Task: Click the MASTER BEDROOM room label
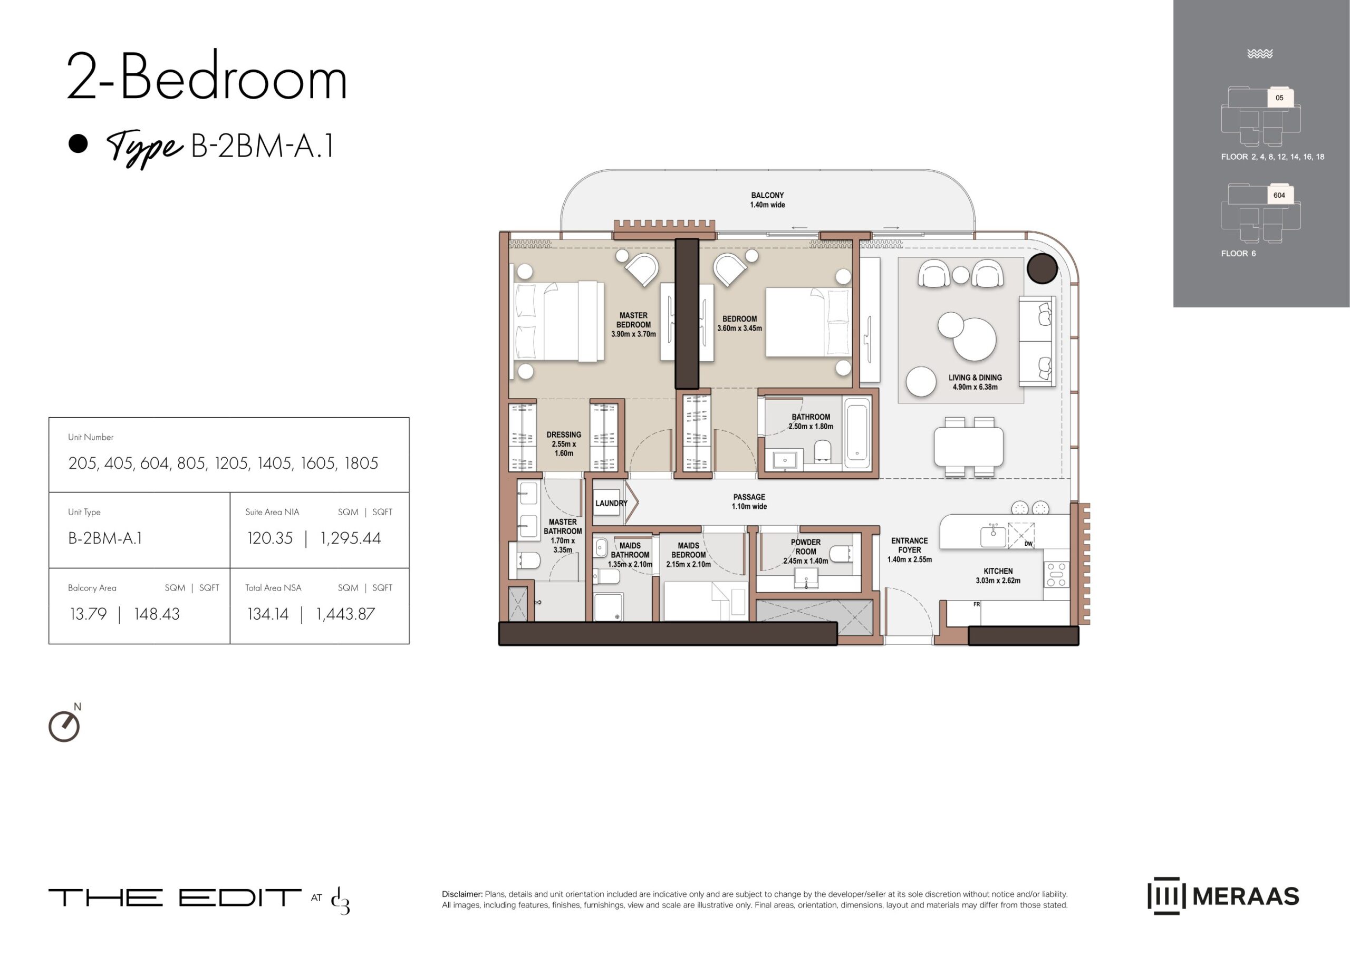coord(633,320)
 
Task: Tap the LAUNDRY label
coord(611,504)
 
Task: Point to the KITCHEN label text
coord(998,571)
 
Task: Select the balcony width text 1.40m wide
coord(767,205)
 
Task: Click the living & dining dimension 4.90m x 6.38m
coord(975,387)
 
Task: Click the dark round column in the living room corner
coord(1042,268)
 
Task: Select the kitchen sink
coord(993,536)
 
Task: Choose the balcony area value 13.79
coord(88,614)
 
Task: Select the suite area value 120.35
coord(269,538)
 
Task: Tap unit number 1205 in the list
coord(233,463)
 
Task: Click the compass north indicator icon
coord(64,726)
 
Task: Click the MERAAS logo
coord(1223,896)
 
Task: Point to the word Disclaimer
coord(462,894)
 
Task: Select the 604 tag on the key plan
coord(1279,196)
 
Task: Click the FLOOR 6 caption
coord(1238,254)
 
